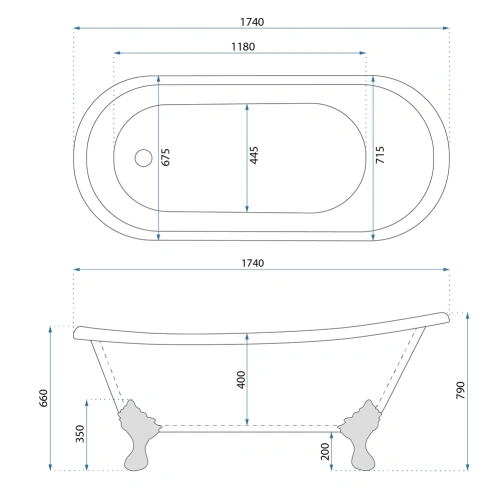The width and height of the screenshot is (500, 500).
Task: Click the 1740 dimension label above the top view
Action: pyautogui.click(x=252, y=22)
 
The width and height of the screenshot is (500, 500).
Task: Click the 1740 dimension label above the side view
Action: pyautogui.click(x=253, y=263)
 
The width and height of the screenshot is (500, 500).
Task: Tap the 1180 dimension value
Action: pyautogui.click(x=243, y=47)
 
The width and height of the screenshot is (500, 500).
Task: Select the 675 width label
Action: pyautogui.click(x=165, y=157)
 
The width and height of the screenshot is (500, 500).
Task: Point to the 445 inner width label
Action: pyautogui.click(x=254, y=155)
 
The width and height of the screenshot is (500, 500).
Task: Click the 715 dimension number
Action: pyautogui.click(x=380, y=155)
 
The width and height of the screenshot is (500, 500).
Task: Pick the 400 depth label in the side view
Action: pyautogui.click(x=241, y=379)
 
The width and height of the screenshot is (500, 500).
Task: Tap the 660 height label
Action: pyautogui.click(x=44, y=398)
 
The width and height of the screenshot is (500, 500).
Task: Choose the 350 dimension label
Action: pyautogui.click(x=80, y=433)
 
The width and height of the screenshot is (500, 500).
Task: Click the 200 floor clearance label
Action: pyautogui.click(x=325, y=451)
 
